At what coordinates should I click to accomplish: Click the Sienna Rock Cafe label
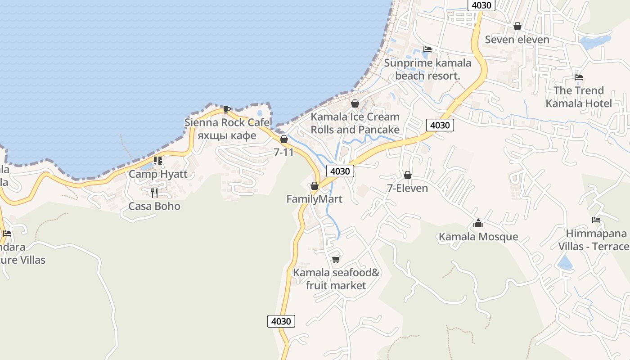(x=227, y=122)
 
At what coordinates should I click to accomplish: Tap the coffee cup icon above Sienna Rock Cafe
(x=227, y=109)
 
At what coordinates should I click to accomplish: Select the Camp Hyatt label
(x=158, y=174)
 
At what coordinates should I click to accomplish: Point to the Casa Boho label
(x=154, y=206)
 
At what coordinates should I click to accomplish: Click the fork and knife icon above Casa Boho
(x=154, y=193)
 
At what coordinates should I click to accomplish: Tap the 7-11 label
(x=283, y=152)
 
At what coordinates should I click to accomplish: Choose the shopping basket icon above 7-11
(x=284, y=139)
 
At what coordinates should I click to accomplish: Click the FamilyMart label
(x=315, y=199)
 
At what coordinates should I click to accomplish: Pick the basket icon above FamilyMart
(x=315, y=186)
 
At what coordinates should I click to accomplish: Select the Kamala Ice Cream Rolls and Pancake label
(x=355, y=123)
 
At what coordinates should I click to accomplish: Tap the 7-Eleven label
(x=408, y=188)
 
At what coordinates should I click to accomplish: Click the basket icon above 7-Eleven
(x=408, y=175)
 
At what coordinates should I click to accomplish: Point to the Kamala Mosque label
(x=478, y=237)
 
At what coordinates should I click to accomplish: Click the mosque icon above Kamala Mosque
(x=478, y=223)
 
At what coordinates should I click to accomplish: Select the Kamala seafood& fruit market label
(x=336, y=279)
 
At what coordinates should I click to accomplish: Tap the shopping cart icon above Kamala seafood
(x=336, y=260)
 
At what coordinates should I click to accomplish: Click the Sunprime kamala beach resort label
(x=427, y=69)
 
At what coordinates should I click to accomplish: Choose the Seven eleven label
(x=517, y=40)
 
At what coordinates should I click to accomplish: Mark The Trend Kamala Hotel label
(x=579, y=97)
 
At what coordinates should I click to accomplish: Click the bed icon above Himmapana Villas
(x=596, y=220)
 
